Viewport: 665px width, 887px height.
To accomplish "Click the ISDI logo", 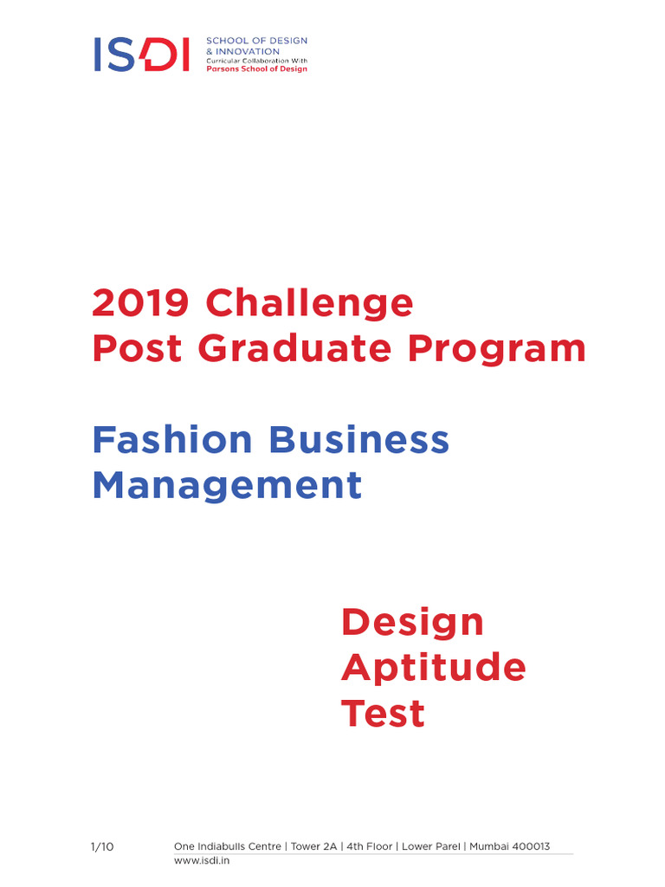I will [141, 54].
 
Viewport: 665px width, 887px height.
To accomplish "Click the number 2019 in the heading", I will [140, 303].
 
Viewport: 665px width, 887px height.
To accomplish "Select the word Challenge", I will [309, 303].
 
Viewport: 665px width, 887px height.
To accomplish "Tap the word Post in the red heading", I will [138, 348].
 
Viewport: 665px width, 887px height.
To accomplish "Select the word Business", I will [359, 440].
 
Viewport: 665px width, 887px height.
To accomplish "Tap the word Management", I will [227, 485].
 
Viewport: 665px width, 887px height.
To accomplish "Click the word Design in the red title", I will [412, 622].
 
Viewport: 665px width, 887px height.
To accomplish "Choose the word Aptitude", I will [433, 668].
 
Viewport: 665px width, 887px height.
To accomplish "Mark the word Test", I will [383, 714].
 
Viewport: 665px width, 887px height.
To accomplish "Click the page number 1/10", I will [102, 846].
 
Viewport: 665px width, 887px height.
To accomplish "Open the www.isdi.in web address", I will [201, 861].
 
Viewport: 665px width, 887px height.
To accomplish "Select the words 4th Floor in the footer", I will [368, 846].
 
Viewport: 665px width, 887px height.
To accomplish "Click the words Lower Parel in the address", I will [431, 846].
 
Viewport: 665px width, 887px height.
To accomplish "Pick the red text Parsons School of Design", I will [256, 68].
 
